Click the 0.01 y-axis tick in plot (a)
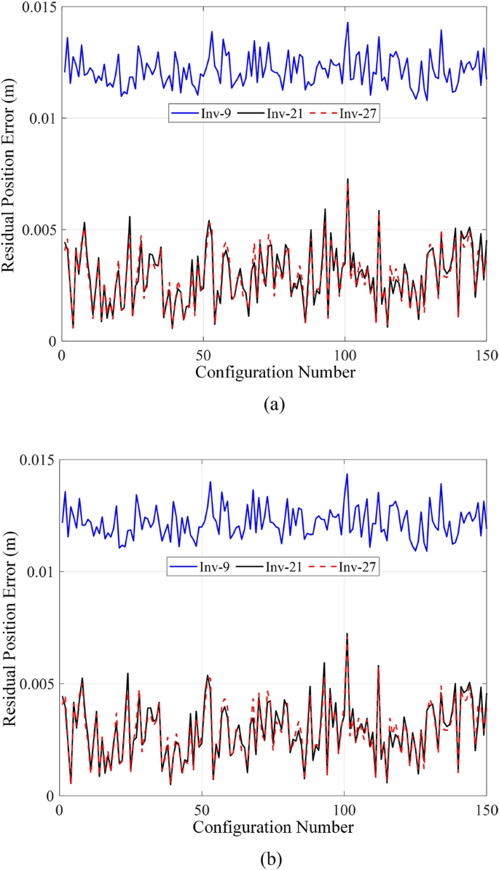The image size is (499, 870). tap(41, 118)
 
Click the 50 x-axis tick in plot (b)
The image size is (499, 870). tap(202, 810)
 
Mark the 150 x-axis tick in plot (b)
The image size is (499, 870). tap(486, 810)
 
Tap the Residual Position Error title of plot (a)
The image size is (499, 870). tap(10, 174)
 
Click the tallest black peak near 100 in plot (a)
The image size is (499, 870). tap(347, 179)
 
